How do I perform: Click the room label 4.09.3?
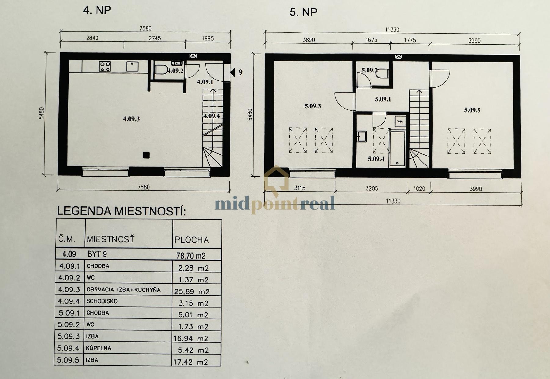[x=131, y=119]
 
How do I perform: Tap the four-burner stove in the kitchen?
[x=105, y=66]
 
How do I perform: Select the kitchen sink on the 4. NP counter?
[x=132, y=66]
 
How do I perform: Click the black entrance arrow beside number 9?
[x=233, y=72]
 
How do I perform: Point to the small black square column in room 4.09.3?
[x=146, y=155]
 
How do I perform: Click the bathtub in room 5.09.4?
[x=397, y=149]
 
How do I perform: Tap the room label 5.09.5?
[x=472, y=110]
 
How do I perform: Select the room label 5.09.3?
[x=313, y=106]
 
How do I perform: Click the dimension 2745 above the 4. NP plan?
[x=155, y=38]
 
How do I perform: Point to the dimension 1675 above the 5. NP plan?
[x=371, y=40]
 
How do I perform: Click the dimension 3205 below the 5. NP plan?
[x=372, y=188]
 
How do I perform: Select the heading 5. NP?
[x=303, y=12]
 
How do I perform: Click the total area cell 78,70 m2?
[x=191, y=256]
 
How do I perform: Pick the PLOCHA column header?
[x=192, y=240]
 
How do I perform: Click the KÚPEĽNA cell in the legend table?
[x=98, y=348]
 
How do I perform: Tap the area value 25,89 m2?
[x=192, y=291]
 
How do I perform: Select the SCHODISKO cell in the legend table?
[x=102, y=301]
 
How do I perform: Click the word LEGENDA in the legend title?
[x=84, y=211]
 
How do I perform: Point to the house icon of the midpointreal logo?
[x=277, y=180]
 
